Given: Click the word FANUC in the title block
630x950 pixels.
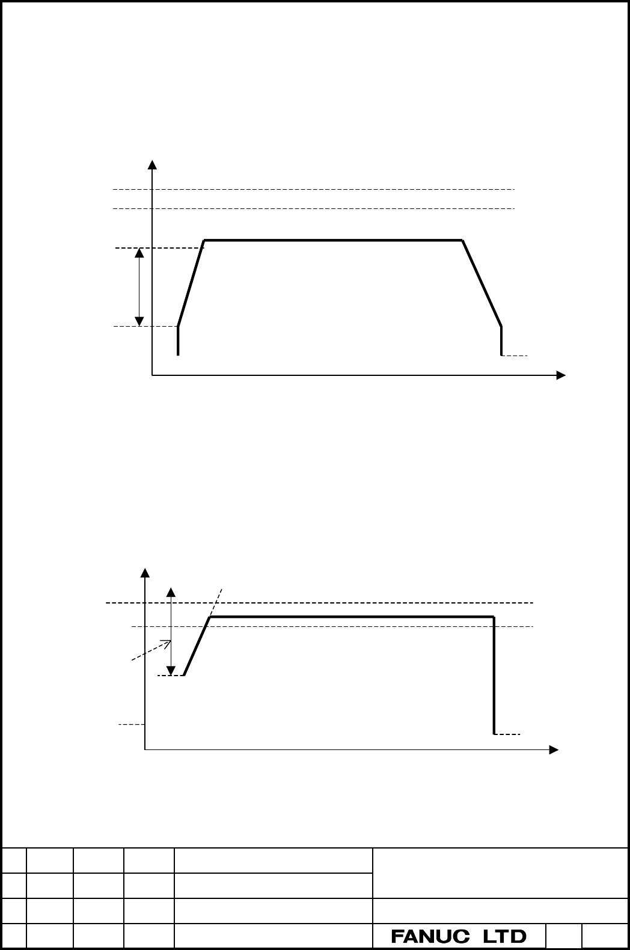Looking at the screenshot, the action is pos(430,936).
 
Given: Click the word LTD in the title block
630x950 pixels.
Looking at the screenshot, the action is pos(505,936).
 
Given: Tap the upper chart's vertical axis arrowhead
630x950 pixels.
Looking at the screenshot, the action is pos(152,165).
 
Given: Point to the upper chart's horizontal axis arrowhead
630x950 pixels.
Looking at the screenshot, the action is pos(561,375).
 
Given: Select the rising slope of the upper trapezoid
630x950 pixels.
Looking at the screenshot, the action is pos(191,283).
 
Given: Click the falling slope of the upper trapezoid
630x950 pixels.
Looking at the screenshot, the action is pos(482,283).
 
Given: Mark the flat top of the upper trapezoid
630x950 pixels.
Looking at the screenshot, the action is pos(333,240).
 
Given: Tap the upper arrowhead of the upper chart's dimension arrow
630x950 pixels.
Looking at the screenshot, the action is pos(139,253).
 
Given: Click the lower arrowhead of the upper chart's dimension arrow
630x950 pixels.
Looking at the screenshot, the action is pos(139,321).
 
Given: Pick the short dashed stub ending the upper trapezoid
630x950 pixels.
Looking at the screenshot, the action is pos(515,356).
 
